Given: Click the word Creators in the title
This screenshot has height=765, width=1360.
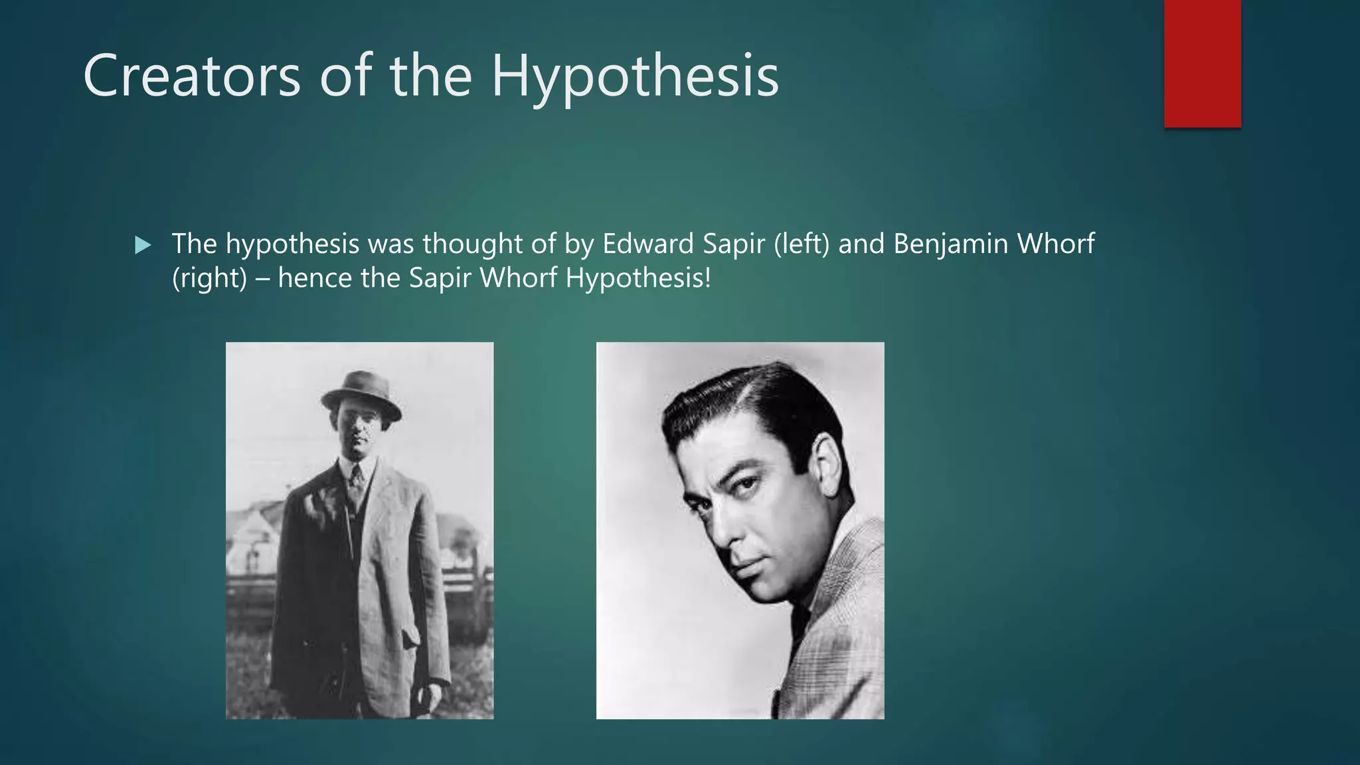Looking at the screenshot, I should pyautogui.click(x=191, y=76).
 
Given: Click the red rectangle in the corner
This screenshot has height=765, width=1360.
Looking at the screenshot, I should pyautogui.click(x=1202, y=63).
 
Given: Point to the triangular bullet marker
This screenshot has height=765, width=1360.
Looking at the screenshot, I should pyautogui.click(x=142, y=246).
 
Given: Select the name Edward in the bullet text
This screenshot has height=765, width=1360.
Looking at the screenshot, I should pyautogui.click(x=647, y=244).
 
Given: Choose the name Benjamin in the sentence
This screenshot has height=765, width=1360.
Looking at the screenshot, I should pyautogui.click(x=951, y=244).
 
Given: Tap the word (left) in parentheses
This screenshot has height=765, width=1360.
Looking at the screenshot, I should pyautogui.click(x=802, y=244).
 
